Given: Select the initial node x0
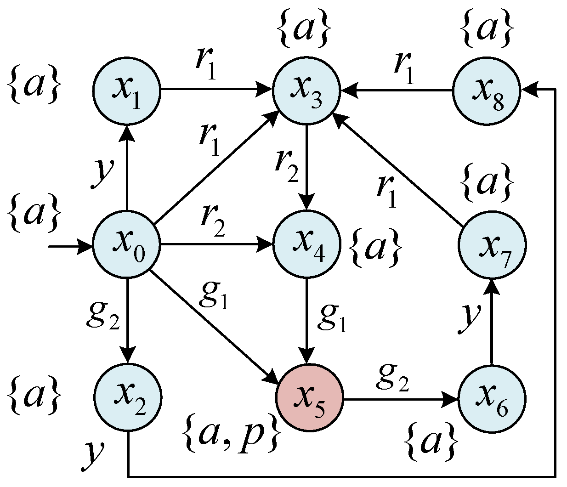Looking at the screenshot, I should (x=127, y=246).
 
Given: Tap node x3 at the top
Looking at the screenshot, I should (x=306, y=91).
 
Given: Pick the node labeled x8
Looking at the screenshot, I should (x=486, y=91).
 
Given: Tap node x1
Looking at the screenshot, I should (x=127, y=91).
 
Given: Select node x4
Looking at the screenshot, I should (x=306, y=246).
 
